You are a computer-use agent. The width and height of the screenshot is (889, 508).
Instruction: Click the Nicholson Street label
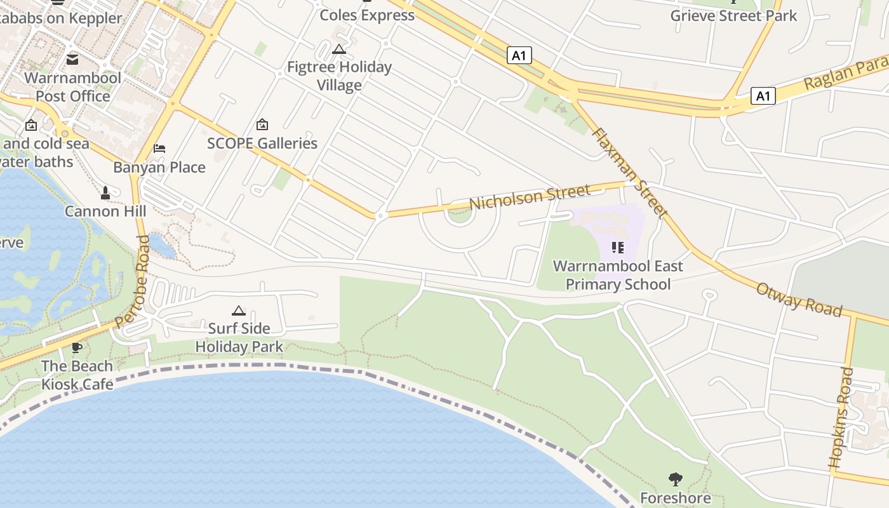[530, 197]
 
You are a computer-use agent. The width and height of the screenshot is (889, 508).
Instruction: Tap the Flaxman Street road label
[629, 172]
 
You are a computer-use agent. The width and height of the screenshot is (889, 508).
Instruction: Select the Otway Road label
[799, 299]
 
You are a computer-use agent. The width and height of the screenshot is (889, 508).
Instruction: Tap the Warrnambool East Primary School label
[618, 275]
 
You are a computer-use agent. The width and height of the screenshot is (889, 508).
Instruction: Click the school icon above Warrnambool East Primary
[618, 247]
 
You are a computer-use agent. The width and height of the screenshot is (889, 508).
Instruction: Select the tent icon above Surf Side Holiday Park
[239, 311]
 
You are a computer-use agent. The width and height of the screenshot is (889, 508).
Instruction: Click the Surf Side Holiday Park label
[239, 337]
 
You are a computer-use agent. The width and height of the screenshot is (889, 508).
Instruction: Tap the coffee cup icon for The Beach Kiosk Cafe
[77, 347]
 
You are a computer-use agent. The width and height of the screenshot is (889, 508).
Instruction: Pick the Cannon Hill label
[105, 211]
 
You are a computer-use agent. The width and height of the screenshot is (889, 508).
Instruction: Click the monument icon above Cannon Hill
[105, 192]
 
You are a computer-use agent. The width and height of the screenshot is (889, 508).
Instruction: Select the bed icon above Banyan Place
[159, 149]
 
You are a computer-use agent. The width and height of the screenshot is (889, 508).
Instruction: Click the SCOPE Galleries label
[262, 144]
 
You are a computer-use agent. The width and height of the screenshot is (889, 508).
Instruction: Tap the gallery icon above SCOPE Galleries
[262, 124]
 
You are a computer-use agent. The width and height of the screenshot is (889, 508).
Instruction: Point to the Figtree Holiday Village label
[339, 76]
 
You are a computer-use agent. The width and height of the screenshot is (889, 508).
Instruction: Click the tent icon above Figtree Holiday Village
[339, 49]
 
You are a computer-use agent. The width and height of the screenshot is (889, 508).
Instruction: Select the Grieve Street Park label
[733, 16]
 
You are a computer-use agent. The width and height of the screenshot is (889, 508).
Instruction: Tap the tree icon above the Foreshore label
[676, 479]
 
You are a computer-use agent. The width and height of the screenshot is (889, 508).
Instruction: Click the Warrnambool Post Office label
[72, 87]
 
